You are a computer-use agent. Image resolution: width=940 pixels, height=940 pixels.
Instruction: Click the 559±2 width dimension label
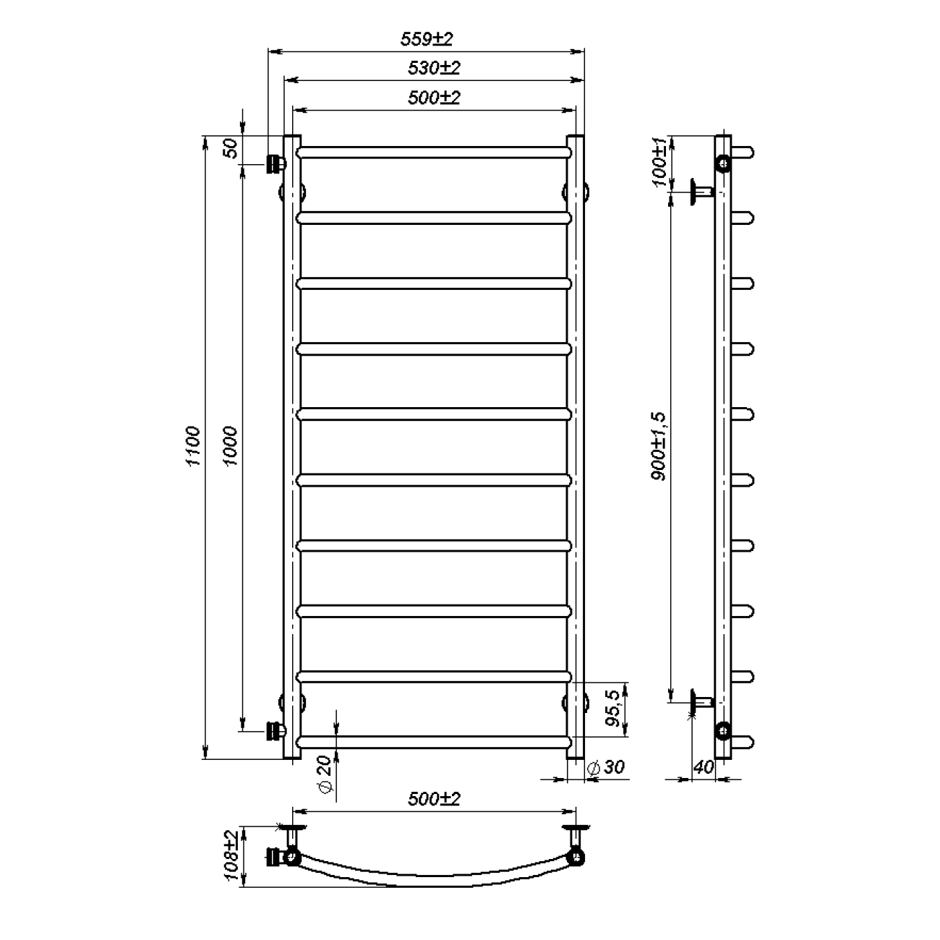tap(427, 38)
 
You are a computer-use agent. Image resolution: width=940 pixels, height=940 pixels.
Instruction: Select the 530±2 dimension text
tap(434, 68)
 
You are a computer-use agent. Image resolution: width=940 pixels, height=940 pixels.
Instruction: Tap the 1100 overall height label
tap(194, 446)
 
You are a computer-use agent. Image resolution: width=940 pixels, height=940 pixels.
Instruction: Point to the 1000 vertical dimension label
tap(230, 446)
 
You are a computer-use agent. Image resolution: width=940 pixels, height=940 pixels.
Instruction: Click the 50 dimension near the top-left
tap(230, 148)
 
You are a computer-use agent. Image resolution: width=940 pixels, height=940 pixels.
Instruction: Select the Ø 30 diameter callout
tap(605, 767)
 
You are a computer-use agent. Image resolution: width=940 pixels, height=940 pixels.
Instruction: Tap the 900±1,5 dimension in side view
tap(658, 446)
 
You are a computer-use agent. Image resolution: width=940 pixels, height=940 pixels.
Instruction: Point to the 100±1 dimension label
tap(659, 161)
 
